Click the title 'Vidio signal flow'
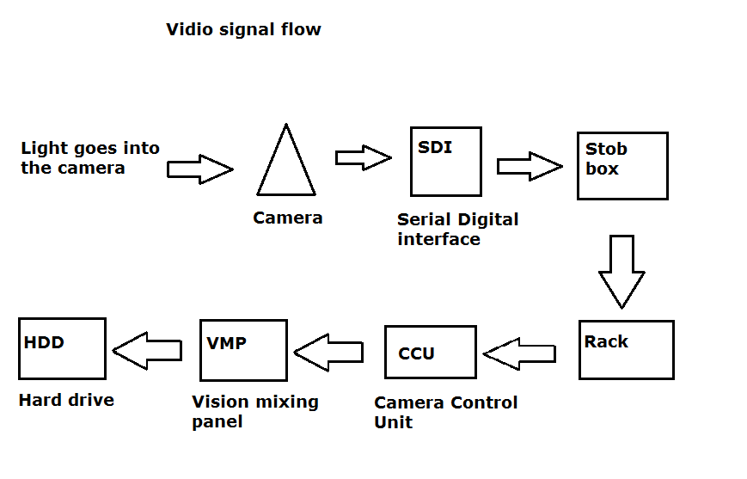point(243,30)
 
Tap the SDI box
point(445,162)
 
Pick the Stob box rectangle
point(622,166)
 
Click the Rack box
point(626,350)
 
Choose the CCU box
point(430,352)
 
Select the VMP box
point(243,350)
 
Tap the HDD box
point(62,349)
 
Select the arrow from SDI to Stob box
point(530,166)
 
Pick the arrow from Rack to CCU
point(519,353)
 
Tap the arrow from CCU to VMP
point(330,351)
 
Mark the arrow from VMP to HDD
point(147,349)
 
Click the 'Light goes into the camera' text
point(90,158)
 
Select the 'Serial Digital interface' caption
point(457,229)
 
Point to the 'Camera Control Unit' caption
point(445,412)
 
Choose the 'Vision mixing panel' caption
point(254,411)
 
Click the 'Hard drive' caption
point(66,400)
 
